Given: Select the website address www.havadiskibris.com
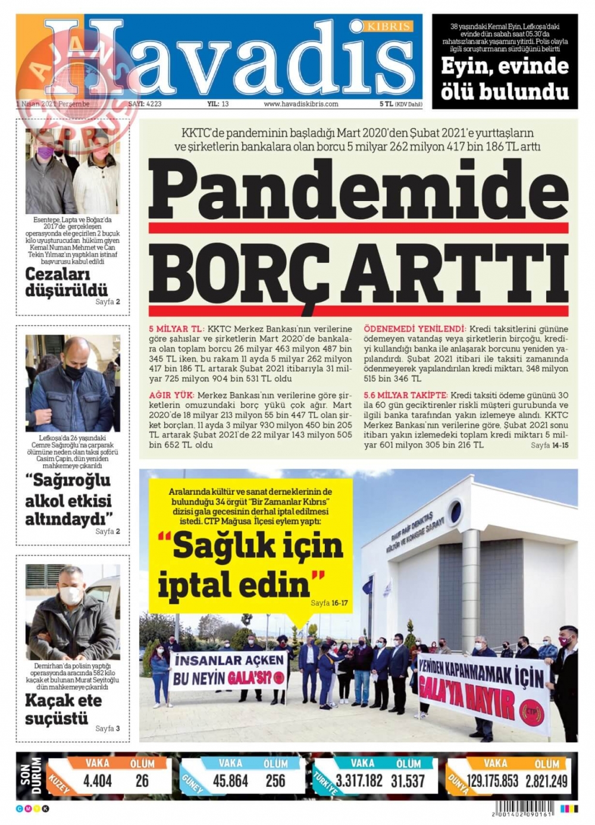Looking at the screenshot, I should coord(300,103).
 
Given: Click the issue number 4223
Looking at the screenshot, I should coord(153,103).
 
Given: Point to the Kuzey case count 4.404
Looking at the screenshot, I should coord(98,780).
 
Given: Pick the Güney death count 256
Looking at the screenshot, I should coord(275,780).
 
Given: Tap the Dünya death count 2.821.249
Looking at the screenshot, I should coord(546,780).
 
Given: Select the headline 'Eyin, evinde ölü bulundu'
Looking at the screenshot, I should coord(505,79).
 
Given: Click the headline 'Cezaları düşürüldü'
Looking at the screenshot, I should coord(66,282).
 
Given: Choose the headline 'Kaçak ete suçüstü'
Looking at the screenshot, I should coord(63,709).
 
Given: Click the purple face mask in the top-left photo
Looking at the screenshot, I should coord(45,152).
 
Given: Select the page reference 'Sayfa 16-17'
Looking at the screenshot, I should coord(329,603).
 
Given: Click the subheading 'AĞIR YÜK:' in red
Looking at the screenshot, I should coord(171,395).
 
